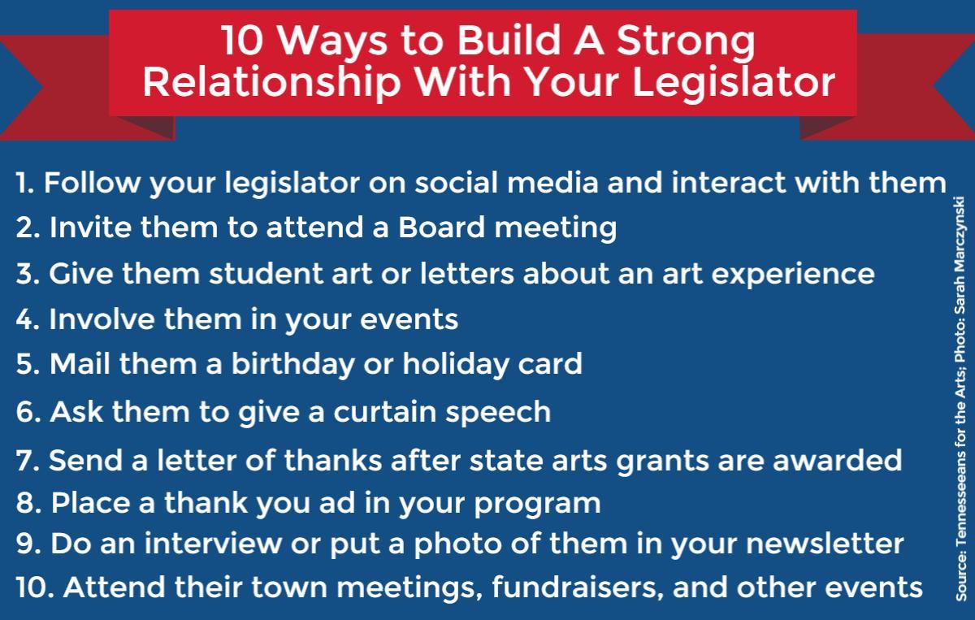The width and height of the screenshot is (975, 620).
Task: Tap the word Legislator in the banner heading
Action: point(734,84)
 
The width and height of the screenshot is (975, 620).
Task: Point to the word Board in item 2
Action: point(441,228)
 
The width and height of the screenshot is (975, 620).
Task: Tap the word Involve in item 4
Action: point(102,319)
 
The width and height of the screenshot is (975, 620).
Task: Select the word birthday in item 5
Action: point(293,365)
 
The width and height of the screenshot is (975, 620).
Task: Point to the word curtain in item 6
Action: point(385,411)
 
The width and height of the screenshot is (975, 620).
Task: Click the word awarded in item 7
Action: point(838,460)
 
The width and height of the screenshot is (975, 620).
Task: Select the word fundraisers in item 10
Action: point(578,587)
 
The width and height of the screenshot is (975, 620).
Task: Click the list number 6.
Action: point(28,412)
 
